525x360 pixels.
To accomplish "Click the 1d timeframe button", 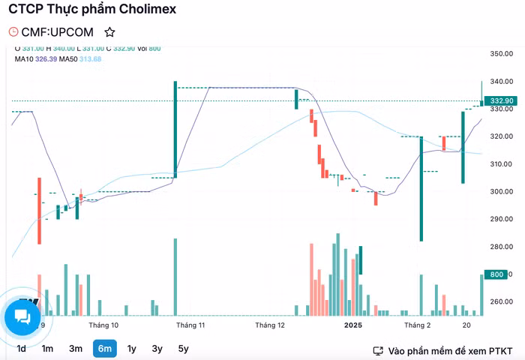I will tap(22, 348).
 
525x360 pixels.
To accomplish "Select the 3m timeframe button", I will tap(76, 348).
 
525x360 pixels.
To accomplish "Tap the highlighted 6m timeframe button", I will tap(104, 348).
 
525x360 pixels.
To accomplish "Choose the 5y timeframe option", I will tap(183, 348).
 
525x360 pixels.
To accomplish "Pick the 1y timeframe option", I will tap(132, 348).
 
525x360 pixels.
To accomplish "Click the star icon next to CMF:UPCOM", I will tap(110, 32).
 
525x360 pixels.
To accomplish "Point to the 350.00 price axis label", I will tap(500, 54).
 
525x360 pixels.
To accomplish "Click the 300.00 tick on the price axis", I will tap(500, 191).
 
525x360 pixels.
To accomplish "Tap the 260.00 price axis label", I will tap(500, 301).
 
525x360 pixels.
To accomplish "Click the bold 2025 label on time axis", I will tap(353, 325).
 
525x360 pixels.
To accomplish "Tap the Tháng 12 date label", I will tap(270, 325).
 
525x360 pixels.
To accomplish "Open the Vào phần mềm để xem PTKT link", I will tap(447, 350).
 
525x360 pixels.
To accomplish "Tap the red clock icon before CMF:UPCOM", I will tap(13, 32).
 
